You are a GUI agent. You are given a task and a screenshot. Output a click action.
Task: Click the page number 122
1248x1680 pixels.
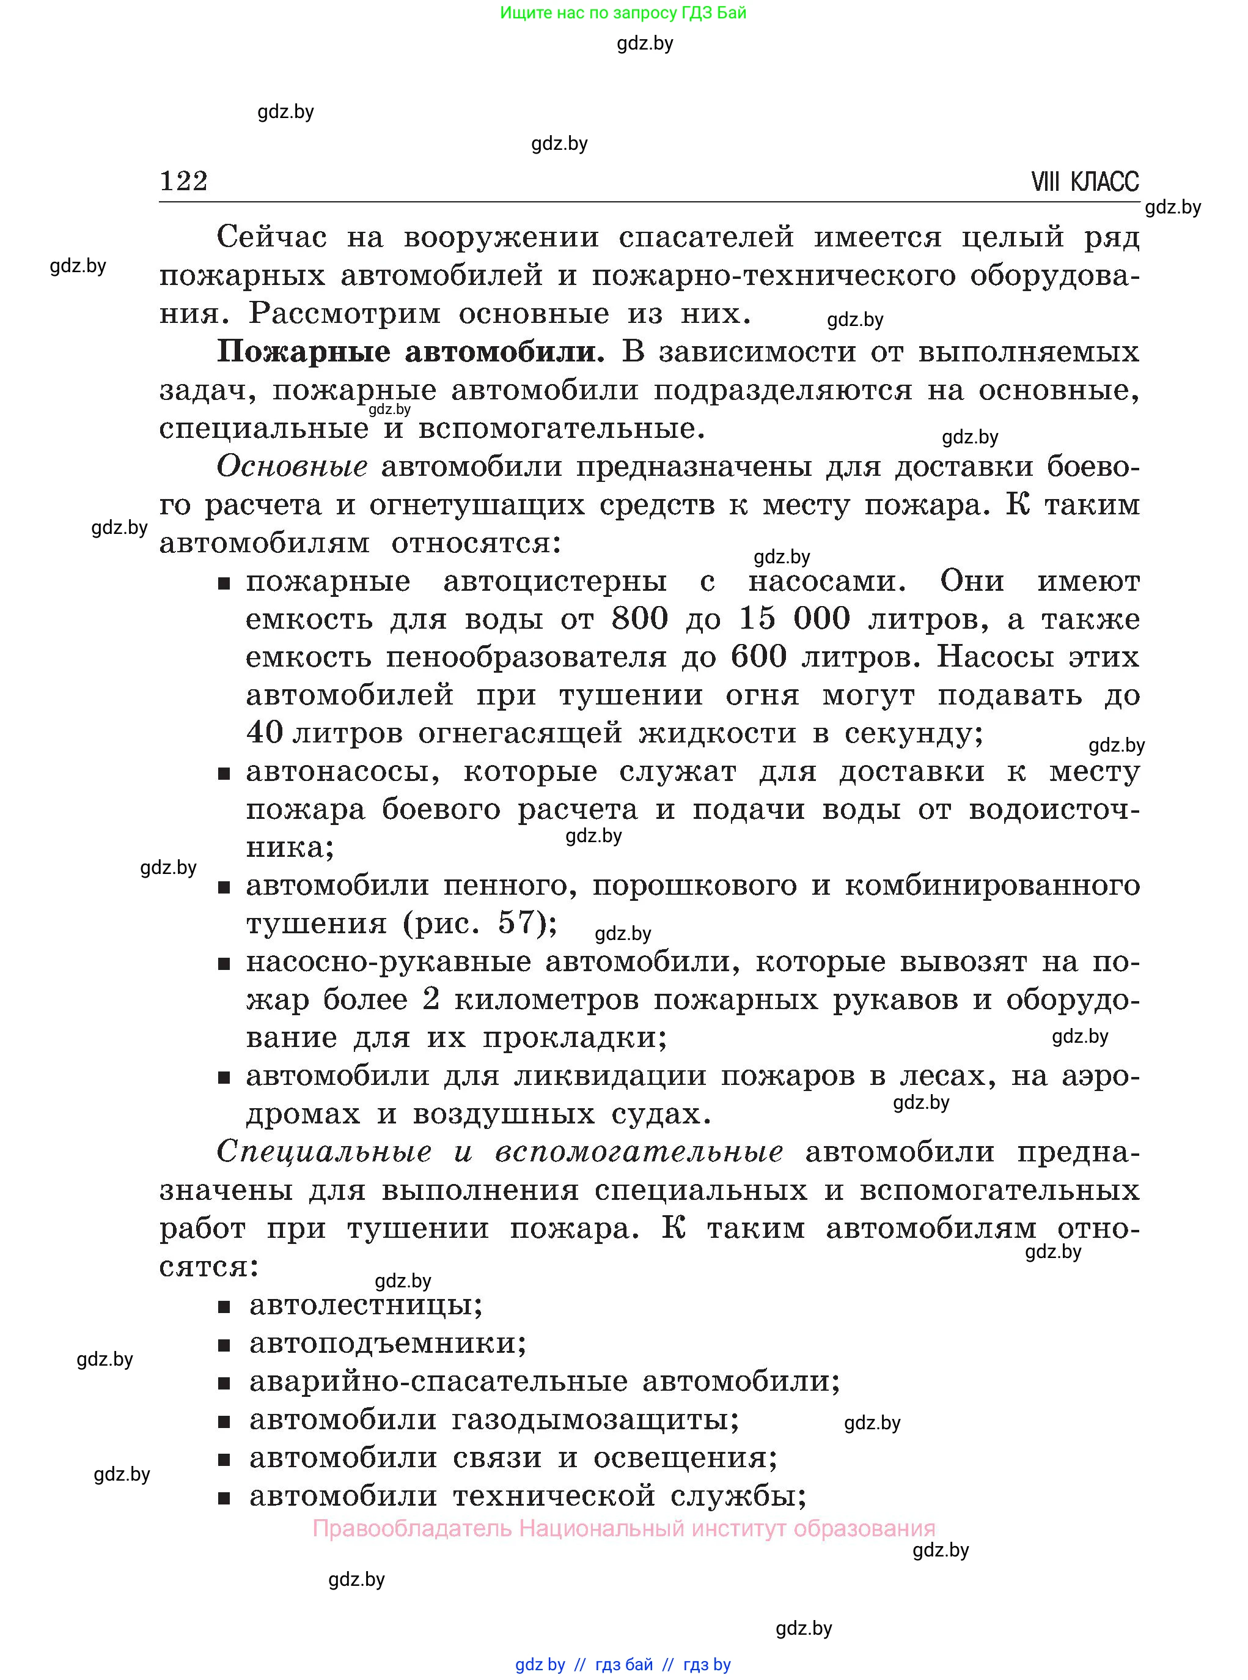[183, 182]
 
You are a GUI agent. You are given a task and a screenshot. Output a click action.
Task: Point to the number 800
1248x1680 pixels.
[639, 619]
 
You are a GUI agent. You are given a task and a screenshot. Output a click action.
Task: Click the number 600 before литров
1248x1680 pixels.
[758, 657]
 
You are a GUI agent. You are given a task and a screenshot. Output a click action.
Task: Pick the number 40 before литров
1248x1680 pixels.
[265, 732]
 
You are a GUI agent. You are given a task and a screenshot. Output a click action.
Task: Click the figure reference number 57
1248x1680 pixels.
[516, 923]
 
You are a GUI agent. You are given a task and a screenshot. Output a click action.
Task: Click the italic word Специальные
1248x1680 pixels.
[324, 1152]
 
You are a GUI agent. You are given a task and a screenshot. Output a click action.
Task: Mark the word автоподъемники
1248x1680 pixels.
[387, 1343]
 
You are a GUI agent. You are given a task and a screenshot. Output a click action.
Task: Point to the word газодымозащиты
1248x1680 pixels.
[595, 1419]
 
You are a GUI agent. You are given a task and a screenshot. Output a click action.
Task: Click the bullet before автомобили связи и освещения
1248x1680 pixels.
[224, 1459]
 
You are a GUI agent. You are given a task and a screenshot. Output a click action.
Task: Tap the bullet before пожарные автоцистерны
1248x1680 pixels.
[224, 583]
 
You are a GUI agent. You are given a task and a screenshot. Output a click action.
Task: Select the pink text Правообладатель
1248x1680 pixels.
[413, 1529]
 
